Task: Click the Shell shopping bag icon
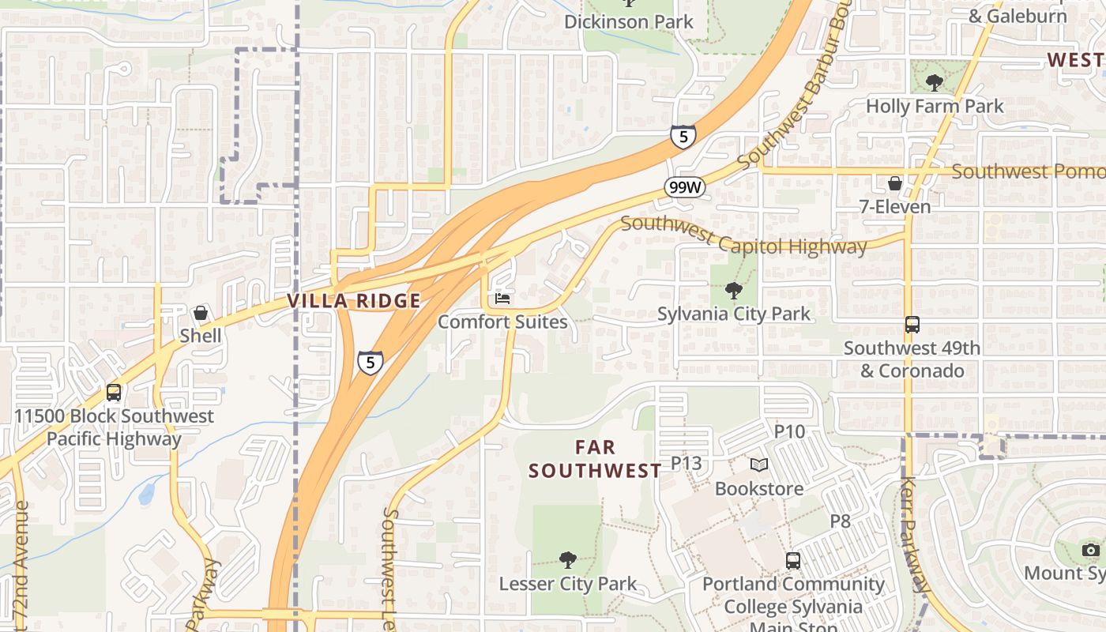coord(201,314)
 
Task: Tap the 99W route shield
coord(684,187)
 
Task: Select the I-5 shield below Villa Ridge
coord(370,363)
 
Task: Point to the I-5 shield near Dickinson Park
coord(683,137)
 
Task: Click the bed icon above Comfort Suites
coord(502,299)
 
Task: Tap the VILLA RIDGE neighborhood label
coord(354,301)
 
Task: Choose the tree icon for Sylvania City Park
coord(734,291)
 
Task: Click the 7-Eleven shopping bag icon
coord(895,184)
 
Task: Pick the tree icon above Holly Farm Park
coord(935,82)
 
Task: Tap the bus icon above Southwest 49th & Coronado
coord(912,325)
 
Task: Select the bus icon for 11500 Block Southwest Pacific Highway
coord(114,393)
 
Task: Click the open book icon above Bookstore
coord(758,465)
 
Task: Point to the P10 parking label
coord(789,431)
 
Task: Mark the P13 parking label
coord(686,463)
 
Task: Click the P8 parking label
coord(840,521)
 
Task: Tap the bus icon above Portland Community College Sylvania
coord(793,561)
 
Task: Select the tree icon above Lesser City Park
coord(567,561)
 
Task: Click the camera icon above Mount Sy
coord(1091,550)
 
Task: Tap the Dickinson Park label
coord(629,21)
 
